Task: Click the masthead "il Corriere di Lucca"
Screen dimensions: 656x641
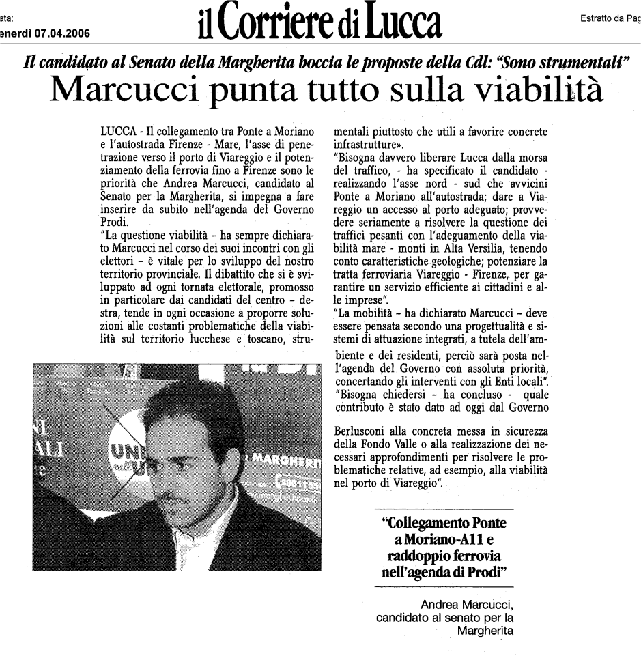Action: pos(319,22)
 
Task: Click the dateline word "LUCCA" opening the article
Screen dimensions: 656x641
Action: pos(117,129)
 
